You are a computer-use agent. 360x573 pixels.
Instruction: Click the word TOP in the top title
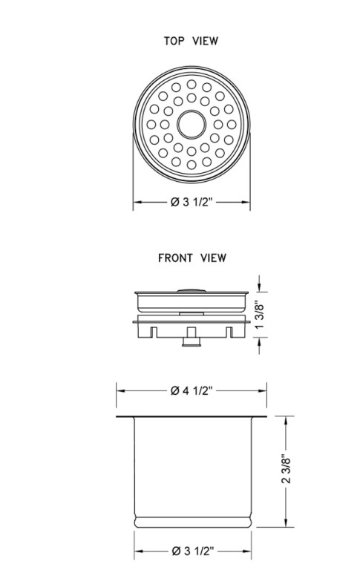[x=174, y=41]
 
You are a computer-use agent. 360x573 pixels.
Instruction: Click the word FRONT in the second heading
[x=174, y=258]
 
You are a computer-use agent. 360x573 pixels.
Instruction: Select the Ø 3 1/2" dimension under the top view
[x=192, y=201]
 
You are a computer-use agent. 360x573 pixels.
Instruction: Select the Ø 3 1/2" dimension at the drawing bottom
[x=192, y=551]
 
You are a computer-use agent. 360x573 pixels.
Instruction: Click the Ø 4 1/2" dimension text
[x=192, y=390]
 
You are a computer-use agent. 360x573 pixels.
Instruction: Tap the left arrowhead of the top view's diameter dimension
[x=136, y=201]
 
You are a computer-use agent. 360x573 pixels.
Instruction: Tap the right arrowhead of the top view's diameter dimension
[x=247, y=201]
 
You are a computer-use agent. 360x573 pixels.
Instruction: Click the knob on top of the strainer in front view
[x=192, y=286]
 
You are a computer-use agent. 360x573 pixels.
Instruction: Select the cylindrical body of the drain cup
[x=192, y=468]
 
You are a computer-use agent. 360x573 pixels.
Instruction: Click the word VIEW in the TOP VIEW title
[x=206, y=41]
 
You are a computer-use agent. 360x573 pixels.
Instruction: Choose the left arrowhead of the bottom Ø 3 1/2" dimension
[x=137, y=551]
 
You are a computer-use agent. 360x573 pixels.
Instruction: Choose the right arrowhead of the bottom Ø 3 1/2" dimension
[x=248, y=551]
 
